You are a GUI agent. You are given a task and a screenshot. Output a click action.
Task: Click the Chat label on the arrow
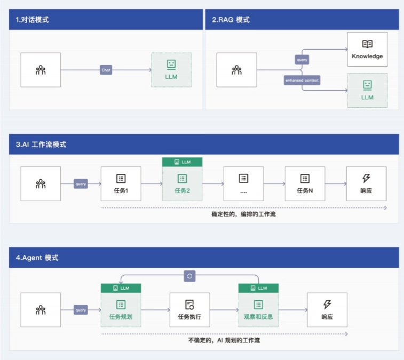pyautogui.click(x=106, y=70)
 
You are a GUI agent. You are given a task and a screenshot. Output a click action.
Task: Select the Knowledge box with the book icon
pyautogui.click(x=367, y=49)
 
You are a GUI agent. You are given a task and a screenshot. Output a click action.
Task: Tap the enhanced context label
pyautogui.click(x=302, y=80)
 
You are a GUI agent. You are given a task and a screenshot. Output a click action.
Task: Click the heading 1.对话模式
pyautogui.click(x=33, y=20)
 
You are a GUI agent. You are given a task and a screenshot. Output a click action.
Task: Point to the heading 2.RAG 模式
pyautogui.click(x=231, y=20)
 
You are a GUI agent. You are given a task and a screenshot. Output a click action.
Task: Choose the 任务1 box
pyautogui.click(x=121, y=183)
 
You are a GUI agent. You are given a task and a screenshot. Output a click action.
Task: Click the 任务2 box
pyautogui.click(x=182, y=183)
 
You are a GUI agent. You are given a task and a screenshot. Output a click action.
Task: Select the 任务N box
pyautogui.click(x=305, y=183)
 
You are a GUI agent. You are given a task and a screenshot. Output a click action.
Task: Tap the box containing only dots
pyautogui.click(x=243, y=183)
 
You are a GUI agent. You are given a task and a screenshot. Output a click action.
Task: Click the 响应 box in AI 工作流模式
pyautogui.click(x=366, y=183)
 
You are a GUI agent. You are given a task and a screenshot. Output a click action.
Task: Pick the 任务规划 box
pyautogui.click(x=121, y=309)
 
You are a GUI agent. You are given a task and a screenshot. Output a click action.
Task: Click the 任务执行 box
pyautogui.click(x=189, y=309)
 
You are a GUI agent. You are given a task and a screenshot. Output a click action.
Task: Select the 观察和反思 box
pyautogui.click(x=258, y=309)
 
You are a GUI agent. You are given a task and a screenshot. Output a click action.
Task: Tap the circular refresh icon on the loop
pyautogui.click(x=190, y=276)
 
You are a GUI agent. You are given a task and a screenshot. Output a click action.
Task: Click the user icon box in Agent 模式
pyautogui.click(x=41, y=309)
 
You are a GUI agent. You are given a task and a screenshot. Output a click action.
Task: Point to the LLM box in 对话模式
pyautogui.click(x=171, y=70)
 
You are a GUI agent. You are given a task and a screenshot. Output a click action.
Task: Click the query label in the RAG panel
pyautogui.click(x=302, y=60)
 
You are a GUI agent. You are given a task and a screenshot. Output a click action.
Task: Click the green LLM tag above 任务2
pyautogui.click(x=182, y=162)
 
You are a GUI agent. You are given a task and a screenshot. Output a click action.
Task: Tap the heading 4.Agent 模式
pyautogui.click(x=37, y=258)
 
